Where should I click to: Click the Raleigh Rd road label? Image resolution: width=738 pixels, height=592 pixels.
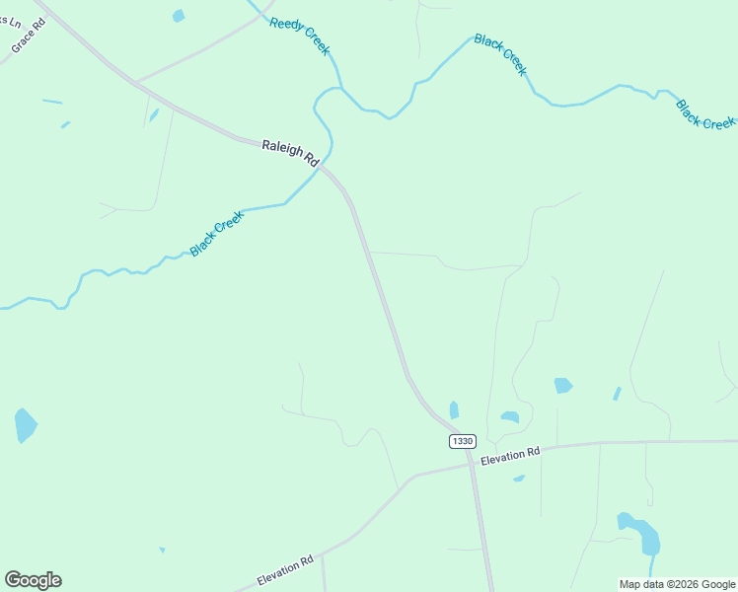290,152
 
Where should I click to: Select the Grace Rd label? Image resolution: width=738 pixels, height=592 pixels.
29,36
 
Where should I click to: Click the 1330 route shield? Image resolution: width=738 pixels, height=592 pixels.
462,441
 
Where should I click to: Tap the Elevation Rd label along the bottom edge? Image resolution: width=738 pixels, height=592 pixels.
285,570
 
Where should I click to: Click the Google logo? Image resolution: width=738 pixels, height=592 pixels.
33,580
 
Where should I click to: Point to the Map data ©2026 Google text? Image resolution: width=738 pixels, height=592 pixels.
676,584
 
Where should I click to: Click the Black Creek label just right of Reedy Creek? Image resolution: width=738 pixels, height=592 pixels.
501,54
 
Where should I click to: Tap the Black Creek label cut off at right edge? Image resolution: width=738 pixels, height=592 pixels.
705,113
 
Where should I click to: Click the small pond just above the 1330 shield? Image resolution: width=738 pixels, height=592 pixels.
454,408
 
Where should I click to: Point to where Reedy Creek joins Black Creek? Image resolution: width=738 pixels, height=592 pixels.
340,88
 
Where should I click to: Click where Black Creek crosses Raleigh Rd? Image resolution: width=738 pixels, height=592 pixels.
324,165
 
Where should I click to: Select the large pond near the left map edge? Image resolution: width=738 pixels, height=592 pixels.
25,424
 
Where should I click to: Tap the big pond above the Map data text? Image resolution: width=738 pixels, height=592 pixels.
640,533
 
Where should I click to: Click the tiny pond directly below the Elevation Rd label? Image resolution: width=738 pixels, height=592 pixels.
519,479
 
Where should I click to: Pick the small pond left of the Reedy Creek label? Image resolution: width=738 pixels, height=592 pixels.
178,15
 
